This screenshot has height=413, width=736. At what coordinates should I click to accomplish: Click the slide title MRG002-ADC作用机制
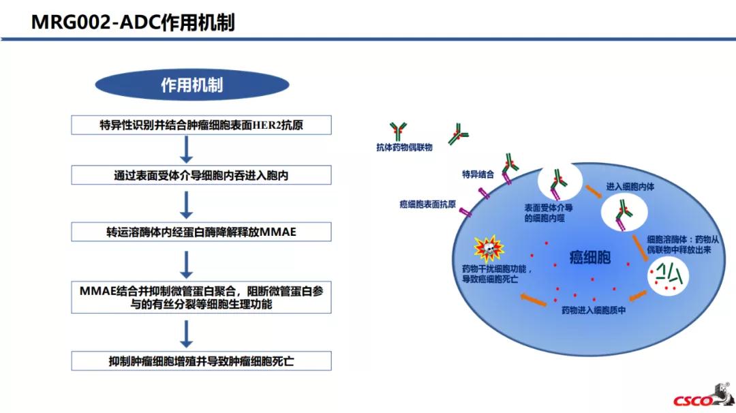133,22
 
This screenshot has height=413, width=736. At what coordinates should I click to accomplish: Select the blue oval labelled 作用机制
191,85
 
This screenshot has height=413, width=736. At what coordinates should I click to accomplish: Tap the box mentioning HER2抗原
201,125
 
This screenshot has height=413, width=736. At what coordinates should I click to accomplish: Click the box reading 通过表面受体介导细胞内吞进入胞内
201,175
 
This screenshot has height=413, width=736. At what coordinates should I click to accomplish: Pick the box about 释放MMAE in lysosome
201,232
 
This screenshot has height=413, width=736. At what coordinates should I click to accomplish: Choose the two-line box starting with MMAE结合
201,297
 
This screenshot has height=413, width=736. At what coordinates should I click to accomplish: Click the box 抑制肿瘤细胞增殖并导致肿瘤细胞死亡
201,361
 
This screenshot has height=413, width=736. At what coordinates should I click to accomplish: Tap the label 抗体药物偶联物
404,147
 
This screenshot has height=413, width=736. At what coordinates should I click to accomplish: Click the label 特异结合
478,174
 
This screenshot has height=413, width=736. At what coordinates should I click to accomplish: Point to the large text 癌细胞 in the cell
590,258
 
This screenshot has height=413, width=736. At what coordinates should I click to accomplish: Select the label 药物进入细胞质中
593,311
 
